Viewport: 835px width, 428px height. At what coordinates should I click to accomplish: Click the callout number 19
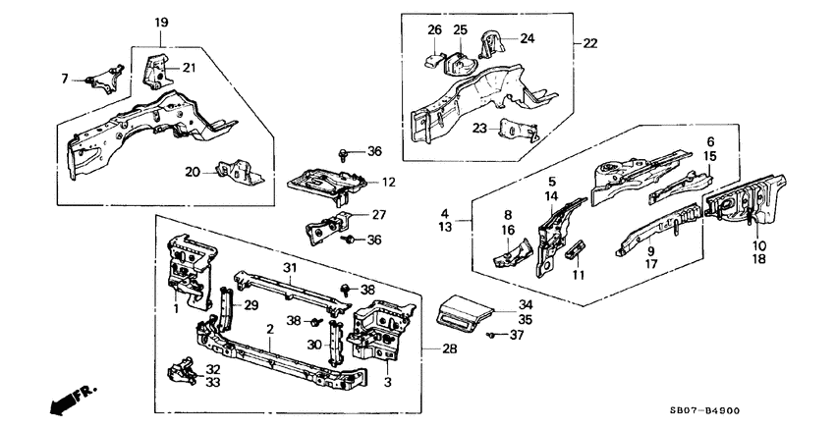[x=161, y=22]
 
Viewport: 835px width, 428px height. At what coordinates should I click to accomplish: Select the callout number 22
[x=590, y=43]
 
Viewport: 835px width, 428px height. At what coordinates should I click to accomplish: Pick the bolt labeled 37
[x=489, y=335]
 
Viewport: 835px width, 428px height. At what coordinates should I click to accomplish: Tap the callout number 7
[x=65, y=77]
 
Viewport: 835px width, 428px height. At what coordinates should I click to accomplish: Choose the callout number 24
[x=528, y=39]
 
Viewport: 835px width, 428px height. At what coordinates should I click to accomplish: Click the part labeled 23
[x=517, y=132]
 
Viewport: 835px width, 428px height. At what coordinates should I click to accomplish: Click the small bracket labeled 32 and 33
[x=185, y=374]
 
